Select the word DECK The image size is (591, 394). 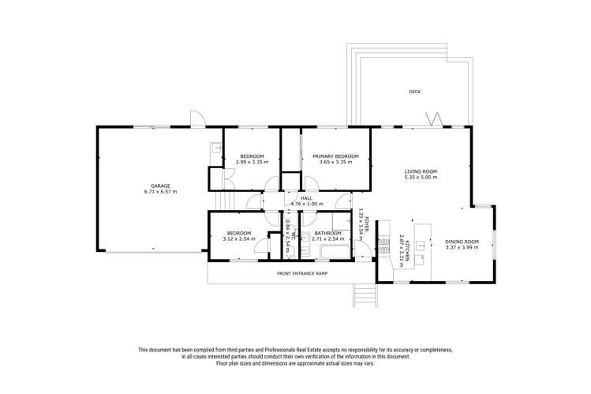click(414, 92)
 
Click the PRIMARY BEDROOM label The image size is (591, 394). click(335, 156)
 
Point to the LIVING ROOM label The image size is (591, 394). click(421, 171)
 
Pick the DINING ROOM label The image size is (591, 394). click(462, 242)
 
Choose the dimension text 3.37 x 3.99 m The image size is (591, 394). click(462, 248)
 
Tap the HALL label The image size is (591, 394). click(307, 198)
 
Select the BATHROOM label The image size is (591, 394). click(327, 233)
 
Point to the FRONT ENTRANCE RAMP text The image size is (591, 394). click(301, 273)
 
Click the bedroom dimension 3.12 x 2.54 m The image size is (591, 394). click(239, 239)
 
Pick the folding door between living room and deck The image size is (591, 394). click(435, 121)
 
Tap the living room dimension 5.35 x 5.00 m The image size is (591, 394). click(421, 178)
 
